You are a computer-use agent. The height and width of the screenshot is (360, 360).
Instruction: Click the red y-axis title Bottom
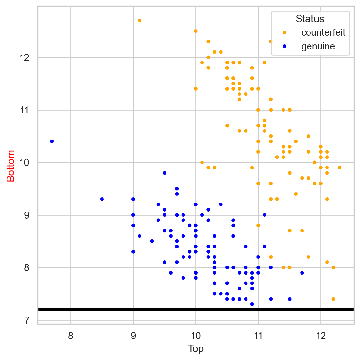point(11,166)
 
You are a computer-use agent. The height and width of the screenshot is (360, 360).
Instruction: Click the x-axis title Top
point(196,349)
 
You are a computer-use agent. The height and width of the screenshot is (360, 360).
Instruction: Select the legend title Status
point(310,19)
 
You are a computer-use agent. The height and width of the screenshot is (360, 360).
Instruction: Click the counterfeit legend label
point(323,32)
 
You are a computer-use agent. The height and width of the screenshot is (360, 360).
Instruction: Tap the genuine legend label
point(318,47)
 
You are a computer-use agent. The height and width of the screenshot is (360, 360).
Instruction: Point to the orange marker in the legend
point(284,32)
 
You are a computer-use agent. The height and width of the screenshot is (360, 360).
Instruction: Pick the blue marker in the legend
point(284,47)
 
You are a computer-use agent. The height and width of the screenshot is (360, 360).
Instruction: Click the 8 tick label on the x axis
point(71,337)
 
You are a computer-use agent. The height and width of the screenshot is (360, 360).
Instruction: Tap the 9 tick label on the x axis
point(133,337)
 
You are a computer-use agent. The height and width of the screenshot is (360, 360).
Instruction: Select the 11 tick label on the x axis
point(258,337)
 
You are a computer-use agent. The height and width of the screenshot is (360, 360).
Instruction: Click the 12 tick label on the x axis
point(321,337)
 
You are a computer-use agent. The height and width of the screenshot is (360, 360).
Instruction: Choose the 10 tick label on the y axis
point(25,163)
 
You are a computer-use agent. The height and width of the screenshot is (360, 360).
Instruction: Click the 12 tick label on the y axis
point(25,58)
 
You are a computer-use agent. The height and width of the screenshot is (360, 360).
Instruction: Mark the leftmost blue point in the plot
point(52,141)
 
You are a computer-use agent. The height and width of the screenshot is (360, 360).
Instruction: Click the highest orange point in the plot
point(139,21)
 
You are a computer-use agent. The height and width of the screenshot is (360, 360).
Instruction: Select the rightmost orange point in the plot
point(339,168)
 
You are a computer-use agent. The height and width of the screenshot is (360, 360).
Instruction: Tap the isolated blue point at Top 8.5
point(102,199)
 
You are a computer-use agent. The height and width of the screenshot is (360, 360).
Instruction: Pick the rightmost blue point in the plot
point(302,273)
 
